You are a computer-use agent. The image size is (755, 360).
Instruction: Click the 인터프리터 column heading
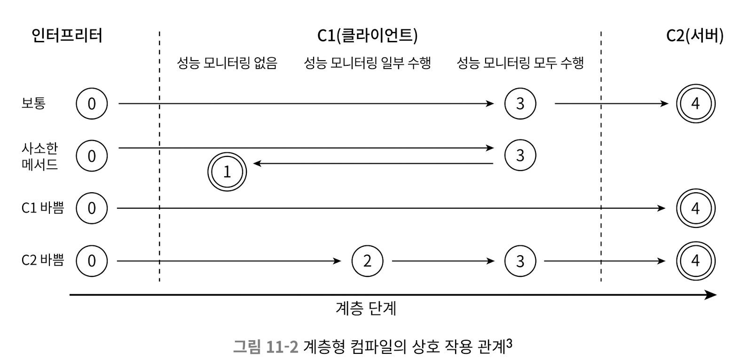67,36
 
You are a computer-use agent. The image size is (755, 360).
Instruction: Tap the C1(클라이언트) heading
367,36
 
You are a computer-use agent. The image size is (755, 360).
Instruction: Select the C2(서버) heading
694,36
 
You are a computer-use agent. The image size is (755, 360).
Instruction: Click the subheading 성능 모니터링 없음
227,63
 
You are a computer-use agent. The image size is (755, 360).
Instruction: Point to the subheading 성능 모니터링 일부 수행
367,63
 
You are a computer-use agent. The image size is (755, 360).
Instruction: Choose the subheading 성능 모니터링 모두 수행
520,63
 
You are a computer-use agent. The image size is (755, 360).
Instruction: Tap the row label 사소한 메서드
39,157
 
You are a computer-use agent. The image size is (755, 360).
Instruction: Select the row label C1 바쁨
42,208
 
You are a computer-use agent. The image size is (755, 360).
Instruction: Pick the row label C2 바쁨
42,260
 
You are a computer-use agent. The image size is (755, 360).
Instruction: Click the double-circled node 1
227,172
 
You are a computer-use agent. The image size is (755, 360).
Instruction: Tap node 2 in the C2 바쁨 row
367,261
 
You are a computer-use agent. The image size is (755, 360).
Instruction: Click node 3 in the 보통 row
520,104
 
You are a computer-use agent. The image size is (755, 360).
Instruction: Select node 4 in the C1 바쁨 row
695,208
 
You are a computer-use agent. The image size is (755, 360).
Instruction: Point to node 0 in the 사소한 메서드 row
92,156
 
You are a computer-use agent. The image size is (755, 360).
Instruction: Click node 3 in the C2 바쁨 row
520,261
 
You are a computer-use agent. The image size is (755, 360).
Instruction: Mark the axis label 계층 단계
366,308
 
